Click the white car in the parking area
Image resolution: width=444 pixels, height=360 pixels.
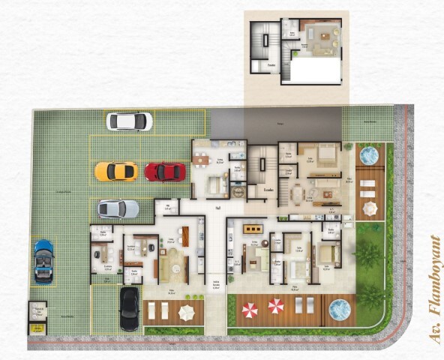click(129, 121)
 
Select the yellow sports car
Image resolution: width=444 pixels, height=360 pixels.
click(115, 172)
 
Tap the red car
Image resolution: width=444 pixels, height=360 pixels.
click(165, 172)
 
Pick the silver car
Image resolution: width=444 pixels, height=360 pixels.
click(118, 208)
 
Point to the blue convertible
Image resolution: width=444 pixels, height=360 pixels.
click(44, 260)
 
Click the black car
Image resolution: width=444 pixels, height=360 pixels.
click(130, 308)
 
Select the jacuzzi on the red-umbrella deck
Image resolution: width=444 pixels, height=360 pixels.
click(340, 307)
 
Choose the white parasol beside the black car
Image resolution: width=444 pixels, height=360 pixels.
click(187, 310)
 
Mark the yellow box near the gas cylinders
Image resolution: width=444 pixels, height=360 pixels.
click(36, 328)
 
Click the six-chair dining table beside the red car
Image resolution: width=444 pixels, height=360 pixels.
click(200, 159)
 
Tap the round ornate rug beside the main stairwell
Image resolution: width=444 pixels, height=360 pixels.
click(240, 190)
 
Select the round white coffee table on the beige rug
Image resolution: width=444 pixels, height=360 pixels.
click(174, 262)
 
